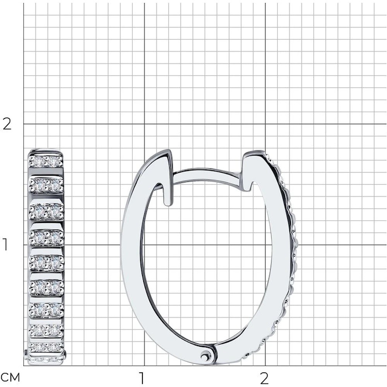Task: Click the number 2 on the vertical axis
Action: pyautogui.click(x=7, y=124)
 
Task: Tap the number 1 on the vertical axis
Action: pyautogui.click(x=5, y=245)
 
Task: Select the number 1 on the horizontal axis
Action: pyautogui.click(x=141, y=378)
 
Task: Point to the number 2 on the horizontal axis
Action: pyautogui.click(x=264, y=378)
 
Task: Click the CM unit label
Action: pyautogui.click(x=10, y=378)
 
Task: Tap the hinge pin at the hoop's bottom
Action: pyautogui.click(x=205, y=356)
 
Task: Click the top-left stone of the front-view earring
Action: pyautogui.click(x=39, y=162)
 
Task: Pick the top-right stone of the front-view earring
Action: pyautogui.click(x=54, y=162)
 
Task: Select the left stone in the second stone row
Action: pyautogui.click(x=39, y=185)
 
